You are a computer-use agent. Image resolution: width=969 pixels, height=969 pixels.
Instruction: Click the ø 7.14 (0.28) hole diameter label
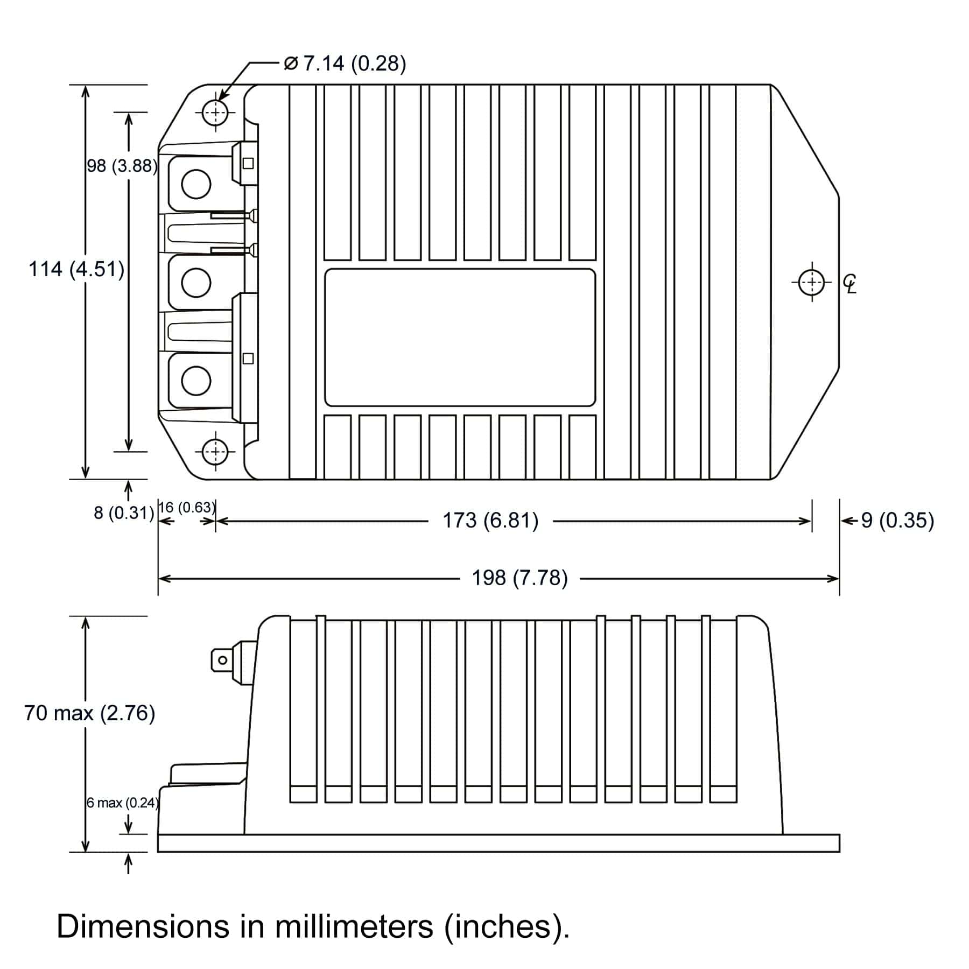point(345,64)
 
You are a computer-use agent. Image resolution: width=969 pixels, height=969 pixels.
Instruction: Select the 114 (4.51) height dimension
point(76,269)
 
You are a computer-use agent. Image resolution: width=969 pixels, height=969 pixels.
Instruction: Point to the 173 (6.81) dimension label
point(490,521)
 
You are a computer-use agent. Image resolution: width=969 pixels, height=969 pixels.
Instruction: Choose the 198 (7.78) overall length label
point(519,578)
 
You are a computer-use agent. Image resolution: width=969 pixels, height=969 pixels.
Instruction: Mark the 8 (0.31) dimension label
point(124,512)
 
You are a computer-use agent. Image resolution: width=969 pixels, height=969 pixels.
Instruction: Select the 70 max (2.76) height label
point(89,713)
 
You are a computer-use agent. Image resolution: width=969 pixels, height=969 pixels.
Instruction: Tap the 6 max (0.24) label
point(123,803)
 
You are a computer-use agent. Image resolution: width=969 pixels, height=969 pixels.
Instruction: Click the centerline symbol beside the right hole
point(850,284)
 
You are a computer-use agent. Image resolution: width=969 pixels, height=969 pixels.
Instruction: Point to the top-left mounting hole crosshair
point(216,113)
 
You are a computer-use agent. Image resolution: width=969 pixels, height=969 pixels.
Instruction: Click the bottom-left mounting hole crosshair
point(216,451)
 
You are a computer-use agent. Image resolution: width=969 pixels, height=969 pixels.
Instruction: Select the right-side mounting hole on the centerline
point(811,282)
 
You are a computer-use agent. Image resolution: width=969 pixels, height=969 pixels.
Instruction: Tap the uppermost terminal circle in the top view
point(196,184)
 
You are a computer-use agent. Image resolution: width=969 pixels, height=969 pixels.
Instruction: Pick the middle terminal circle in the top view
point(196,282)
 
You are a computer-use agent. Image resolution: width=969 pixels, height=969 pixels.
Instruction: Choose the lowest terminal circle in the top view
point(196,380)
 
